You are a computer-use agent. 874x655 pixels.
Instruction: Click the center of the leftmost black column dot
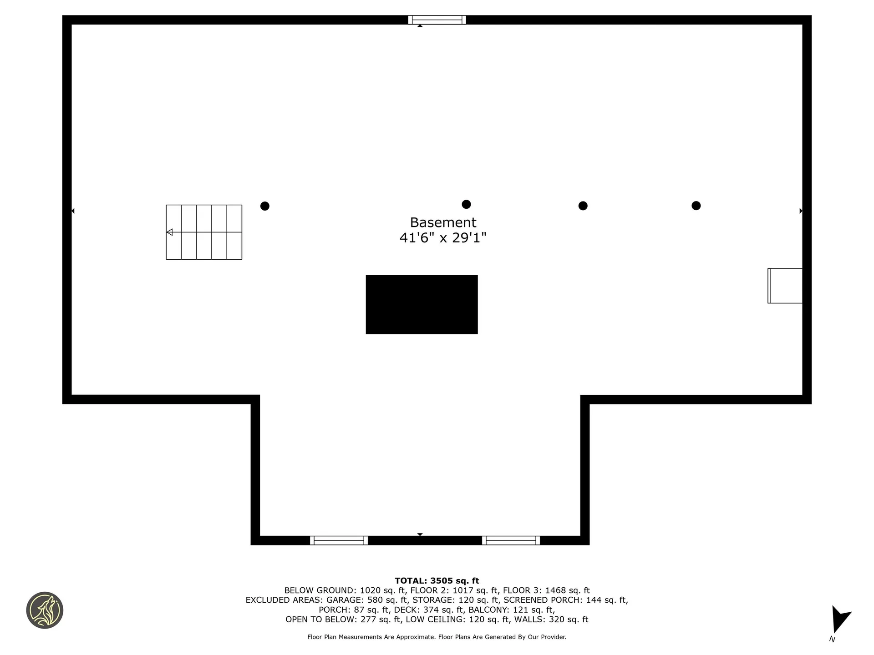[x=264, y=206]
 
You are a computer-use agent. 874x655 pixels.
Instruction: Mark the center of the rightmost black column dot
[x=696, y=206]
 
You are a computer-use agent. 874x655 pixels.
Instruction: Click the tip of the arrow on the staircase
[x=167, y=232]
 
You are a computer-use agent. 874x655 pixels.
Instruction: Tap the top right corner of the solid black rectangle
[x=478, y=275]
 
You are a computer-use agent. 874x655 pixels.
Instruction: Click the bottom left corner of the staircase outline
[x=166, y=260]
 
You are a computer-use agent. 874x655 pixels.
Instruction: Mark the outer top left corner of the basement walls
[x=62, y=15]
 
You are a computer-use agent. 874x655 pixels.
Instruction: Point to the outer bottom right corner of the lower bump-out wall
[x=589, y=545]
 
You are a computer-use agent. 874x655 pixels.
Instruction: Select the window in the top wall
[x=437, y=20]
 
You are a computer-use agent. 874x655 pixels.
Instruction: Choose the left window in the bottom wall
[x=339, y=540]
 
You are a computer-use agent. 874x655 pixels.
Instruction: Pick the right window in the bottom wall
[x=511, y=540]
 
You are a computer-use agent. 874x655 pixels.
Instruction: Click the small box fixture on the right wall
[x=785, y=286]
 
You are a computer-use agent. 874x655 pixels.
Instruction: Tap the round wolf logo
[x=45, y=610]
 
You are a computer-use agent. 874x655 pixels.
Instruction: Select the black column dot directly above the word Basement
[x=466, y=204]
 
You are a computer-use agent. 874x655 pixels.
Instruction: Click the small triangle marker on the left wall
[x=73, y=211]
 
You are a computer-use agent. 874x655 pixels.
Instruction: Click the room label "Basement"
[x=443, y=222]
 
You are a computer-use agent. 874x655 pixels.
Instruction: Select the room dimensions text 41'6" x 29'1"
[x=443, y=238]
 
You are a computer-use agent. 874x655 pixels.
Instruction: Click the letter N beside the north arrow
[x=832, y=639]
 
